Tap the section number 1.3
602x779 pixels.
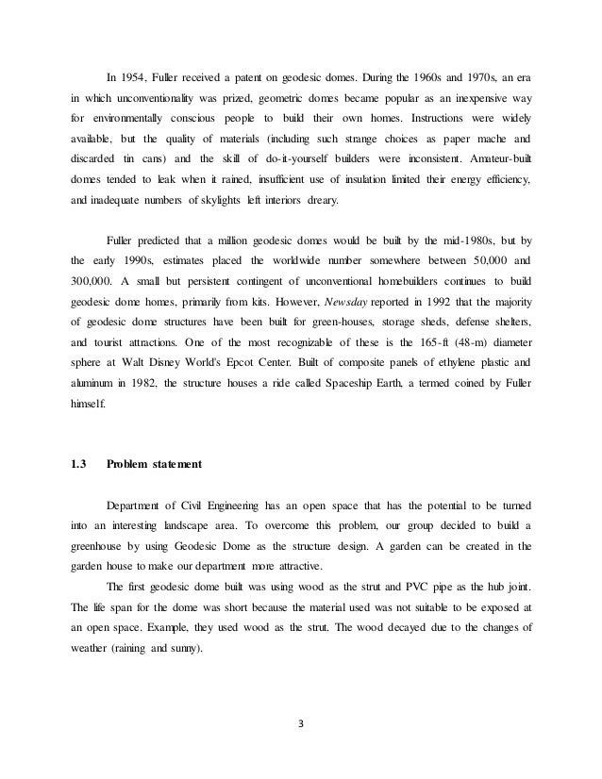coord(78,489)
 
